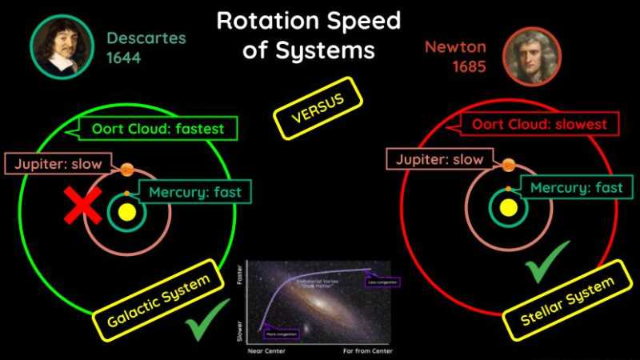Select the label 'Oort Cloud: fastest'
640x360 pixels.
click(x=151, y=128)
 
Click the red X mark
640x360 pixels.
click(x=83, y=206)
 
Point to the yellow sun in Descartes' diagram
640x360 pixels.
click(x=126, y=212)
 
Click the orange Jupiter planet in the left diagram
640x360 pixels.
click(x=126, y=170)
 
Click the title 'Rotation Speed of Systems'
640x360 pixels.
click(x=308, y=35)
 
